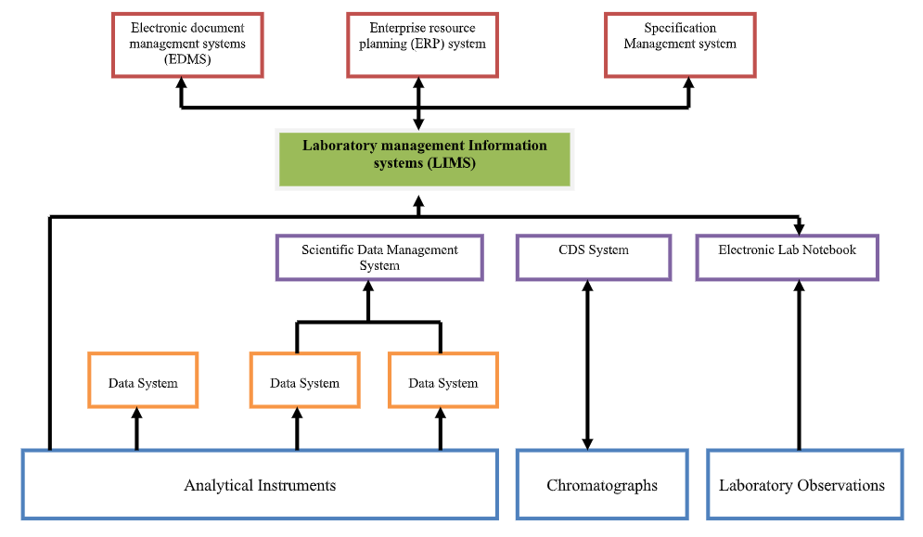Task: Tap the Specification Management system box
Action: coord(680,44)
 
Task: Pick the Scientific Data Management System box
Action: coord(379,258)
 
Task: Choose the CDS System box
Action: coord(594,258)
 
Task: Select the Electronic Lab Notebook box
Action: coord(787,258)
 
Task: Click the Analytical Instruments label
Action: coord(260,485)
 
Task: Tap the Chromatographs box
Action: coord(602,485)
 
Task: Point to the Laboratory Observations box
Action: coord(801,485)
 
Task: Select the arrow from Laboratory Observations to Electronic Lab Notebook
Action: coord(798,371)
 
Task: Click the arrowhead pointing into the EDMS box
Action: coord(182,83)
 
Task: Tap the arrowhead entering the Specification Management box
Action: coord(688,83)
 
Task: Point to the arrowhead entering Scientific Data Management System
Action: coord(368,288)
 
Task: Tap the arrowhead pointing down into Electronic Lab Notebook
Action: coord(798,228)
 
